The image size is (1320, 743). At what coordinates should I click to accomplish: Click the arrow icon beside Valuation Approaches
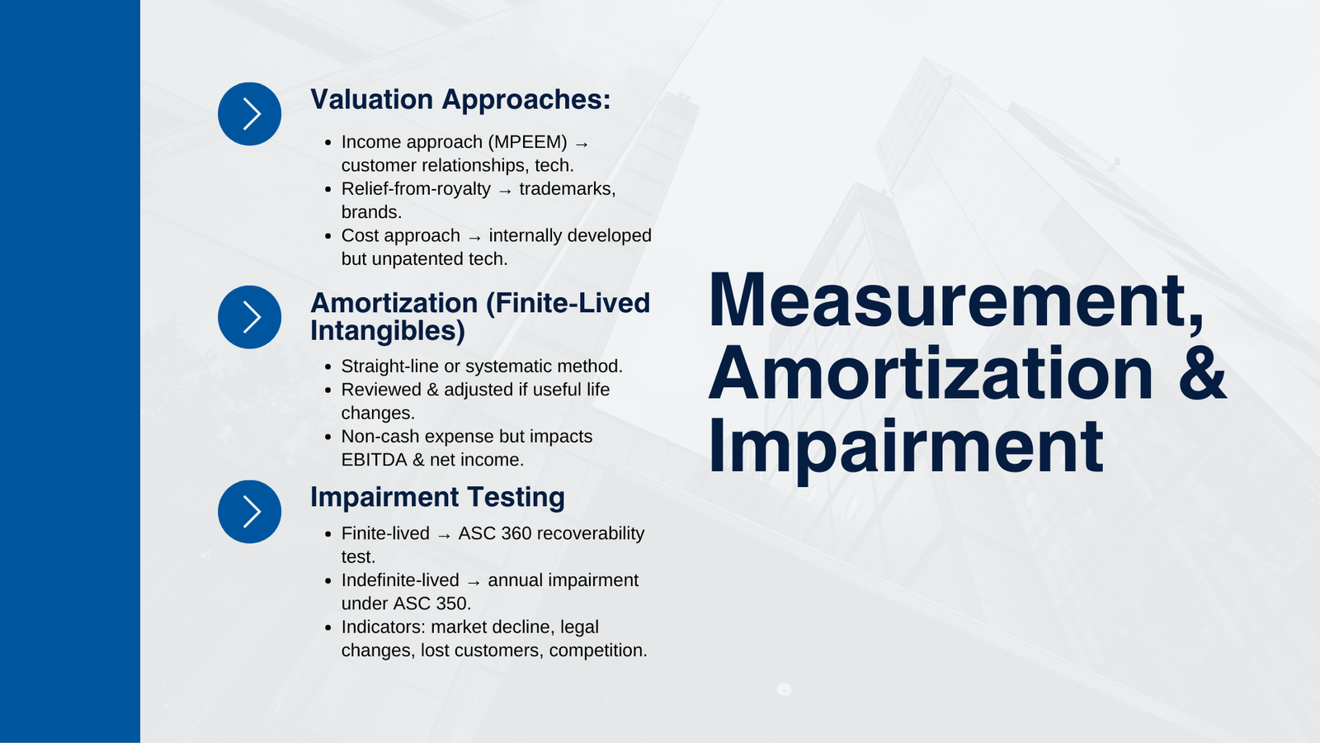(249, 114)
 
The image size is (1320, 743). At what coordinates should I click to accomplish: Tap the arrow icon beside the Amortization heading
(249, 317)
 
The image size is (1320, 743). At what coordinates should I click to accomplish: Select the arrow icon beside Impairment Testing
(249, 512)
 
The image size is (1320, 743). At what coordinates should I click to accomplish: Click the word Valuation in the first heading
(372, 99)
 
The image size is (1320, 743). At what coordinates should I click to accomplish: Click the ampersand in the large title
(1202, 373)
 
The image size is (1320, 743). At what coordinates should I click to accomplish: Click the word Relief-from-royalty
(416, 189)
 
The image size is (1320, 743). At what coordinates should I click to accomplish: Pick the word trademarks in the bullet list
(568, 189)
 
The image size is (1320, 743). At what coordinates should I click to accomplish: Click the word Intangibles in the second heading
(388, 331)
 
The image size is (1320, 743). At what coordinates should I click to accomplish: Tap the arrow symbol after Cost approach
(475, 237)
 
